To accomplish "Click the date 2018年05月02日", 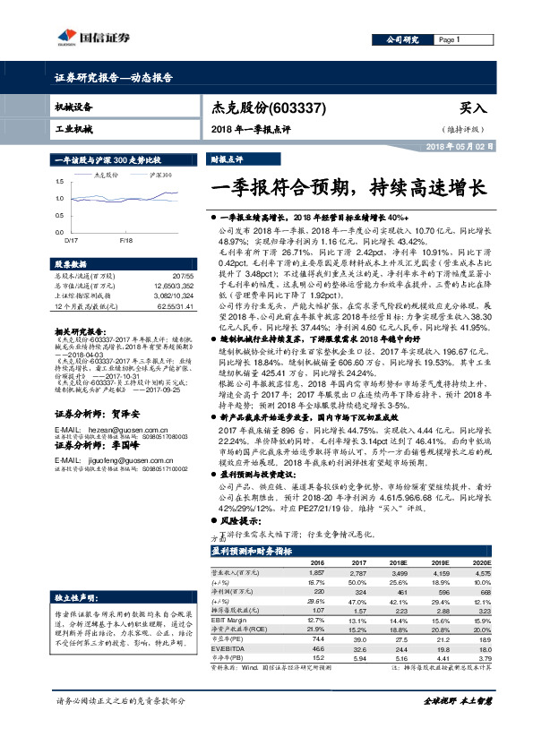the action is [460, 145].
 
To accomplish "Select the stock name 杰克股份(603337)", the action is [256, 107].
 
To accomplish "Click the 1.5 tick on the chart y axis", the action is [58, 183].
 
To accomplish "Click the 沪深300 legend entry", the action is [160, 176].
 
